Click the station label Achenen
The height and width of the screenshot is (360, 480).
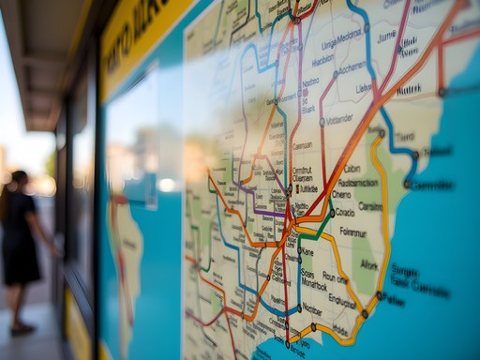[x=352, y=67]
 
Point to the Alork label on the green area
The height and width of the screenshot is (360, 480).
[x=369, y=265]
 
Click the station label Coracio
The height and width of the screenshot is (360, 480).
[x=344, y=213]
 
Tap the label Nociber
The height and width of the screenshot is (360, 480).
[x=313, y=308]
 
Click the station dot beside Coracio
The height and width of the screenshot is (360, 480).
[x=329, y=213]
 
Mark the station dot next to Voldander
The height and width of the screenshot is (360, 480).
[x=322, y=121]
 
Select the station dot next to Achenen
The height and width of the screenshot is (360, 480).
[x=336, y=73]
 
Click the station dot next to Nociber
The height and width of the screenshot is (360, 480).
[x=299, y=308]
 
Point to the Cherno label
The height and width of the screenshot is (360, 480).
[x=342, y=195]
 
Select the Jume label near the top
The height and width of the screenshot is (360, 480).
[x=386, y=37]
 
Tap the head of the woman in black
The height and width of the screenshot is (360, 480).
[x=19, y=179]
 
